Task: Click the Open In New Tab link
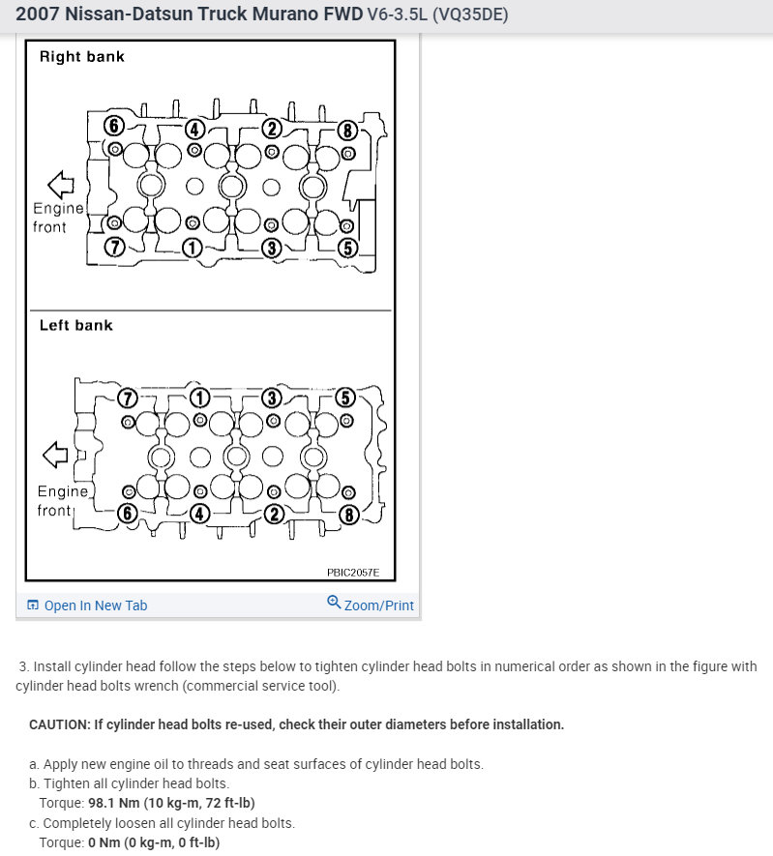(95, 605)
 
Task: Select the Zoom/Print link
(378, 605)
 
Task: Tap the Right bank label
(81, 57)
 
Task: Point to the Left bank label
(75, 326)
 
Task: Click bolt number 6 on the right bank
(114, 126)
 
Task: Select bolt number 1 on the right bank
(192, 248)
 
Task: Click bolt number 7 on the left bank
(127, 398)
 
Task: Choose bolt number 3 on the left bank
(273, 398)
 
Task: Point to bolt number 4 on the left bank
(199, 514)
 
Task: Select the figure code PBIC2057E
(353, 574)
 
